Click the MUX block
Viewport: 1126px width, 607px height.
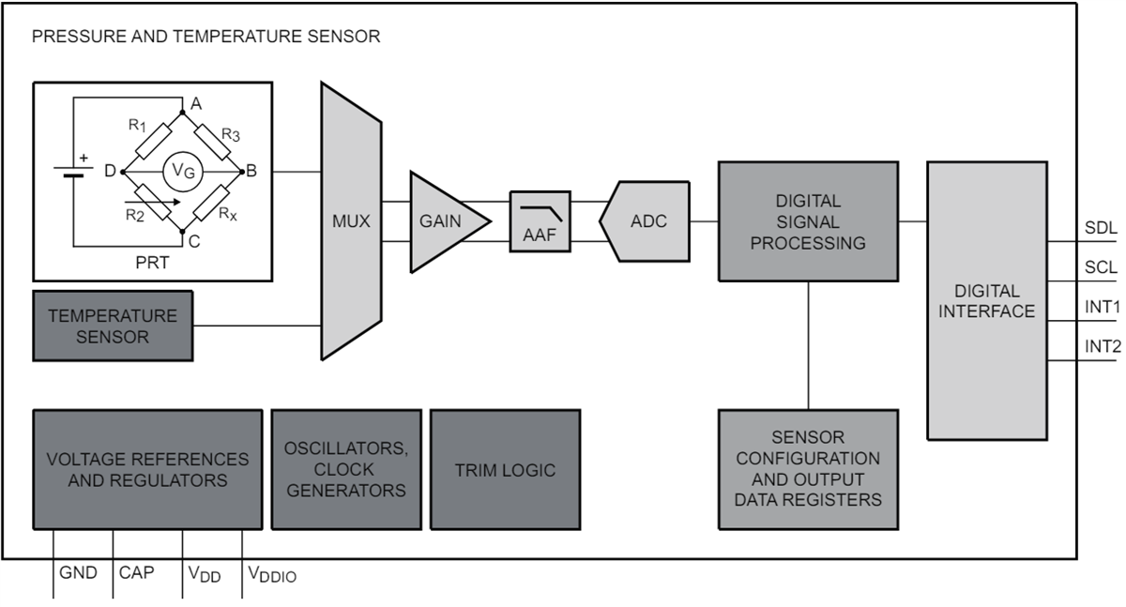pos(351,222)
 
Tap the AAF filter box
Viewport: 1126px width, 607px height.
pos(540,222)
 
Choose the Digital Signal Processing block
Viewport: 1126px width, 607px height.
pos(808,221)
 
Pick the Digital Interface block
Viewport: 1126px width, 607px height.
pos(986,300)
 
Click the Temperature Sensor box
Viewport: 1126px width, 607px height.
pos(113,326)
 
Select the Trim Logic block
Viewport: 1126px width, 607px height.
pos(505,470)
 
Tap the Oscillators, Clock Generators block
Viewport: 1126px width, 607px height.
pos(345,469)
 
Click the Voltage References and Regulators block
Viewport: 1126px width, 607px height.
pos(147,469)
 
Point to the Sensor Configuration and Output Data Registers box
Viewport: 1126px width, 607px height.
pos(808,468)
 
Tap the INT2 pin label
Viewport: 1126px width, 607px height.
pos(1103,346)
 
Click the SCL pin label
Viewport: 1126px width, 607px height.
pos(1101,267)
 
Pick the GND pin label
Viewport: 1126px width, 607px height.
pos(78,572)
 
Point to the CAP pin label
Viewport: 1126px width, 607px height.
pos(137,572)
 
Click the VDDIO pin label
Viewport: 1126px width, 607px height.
pos(271,574)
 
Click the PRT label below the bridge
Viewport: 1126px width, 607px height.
pos(152,263)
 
